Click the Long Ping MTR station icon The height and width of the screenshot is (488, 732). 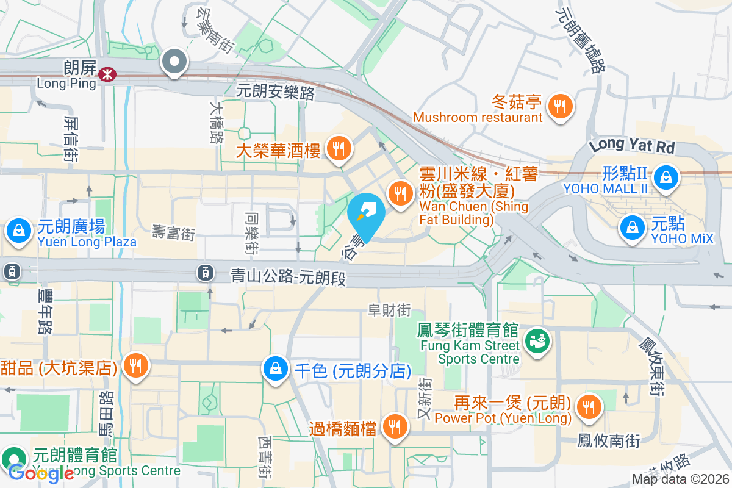[x=108, y=74]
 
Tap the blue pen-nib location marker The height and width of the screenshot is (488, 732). [x=367, y=215]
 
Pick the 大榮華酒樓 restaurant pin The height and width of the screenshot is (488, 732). [x=337, y=148]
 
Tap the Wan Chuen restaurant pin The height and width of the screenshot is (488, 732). [x=400, y=193]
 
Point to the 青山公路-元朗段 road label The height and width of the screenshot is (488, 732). [x=288, y=277]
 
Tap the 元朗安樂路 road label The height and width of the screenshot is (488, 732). [x=276, y=92]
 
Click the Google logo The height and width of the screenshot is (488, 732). [x=40, y=473]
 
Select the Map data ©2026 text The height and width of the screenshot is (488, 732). [x=680, y=479]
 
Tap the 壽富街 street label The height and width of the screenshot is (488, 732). [x=173, y=232]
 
